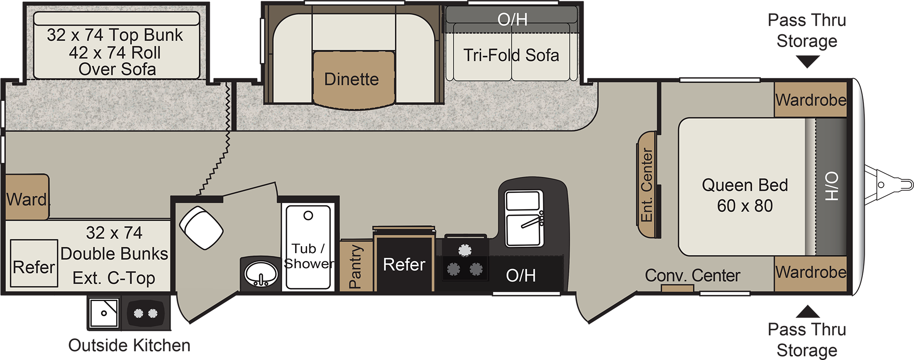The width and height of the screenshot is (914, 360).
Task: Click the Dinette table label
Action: coord(351,79)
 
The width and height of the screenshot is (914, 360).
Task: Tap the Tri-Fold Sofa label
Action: coord(511,55)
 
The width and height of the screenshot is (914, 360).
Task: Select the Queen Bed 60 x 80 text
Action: coord(745,195)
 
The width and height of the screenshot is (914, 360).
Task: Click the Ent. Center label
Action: coord(647,185)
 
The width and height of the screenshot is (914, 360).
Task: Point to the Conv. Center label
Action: coord(692,275)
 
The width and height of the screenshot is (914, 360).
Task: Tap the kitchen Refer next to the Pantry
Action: coord(404,264)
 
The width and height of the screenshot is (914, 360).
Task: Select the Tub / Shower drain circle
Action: coord(308,215)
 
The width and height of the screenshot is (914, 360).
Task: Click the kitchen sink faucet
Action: coord(532,221)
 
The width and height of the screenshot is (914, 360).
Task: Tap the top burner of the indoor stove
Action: coord(465,250)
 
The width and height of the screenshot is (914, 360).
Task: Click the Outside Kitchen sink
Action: coord(104,313)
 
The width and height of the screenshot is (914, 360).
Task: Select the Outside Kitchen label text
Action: coord(129,345)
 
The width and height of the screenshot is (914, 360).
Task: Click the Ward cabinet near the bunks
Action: coord(27,197)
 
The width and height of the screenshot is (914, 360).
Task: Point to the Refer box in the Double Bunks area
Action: coord(34,264)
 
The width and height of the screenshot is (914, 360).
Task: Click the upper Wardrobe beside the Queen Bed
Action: coord(811,100)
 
